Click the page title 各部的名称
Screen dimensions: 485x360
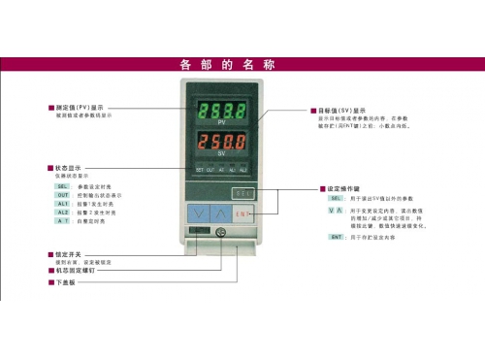228,65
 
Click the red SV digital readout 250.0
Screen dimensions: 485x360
221,144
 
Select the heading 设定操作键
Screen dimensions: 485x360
347,188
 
